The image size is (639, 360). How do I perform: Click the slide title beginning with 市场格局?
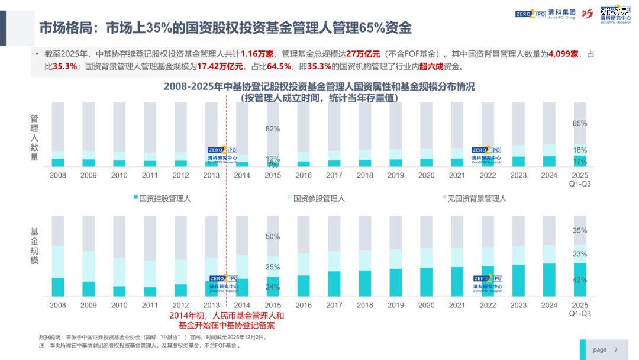225,28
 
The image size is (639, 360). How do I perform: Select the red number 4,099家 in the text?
563,54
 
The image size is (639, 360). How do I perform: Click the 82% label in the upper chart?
273,128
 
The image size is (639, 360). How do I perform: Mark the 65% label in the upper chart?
580,123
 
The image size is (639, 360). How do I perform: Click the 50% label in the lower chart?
273,237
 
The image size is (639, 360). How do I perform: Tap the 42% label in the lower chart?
580,280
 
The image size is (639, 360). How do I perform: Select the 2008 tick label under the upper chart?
58,176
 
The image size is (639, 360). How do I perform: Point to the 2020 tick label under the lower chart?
426,305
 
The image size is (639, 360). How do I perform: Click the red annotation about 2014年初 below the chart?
227,320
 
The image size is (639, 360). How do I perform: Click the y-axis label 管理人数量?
34,138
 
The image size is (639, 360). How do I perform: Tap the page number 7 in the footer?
616,349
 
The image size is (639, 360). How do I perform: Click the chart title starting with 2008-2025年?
319,92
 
